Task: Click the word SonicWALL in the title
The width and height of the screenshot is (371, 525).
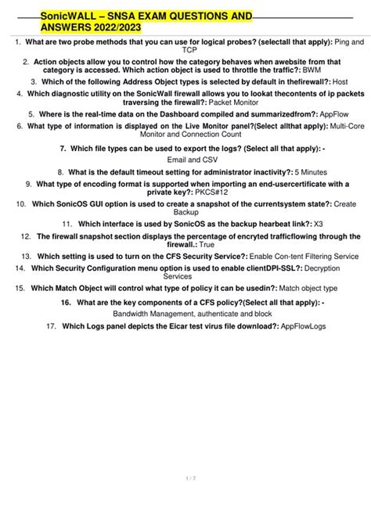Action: point(70,16)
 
